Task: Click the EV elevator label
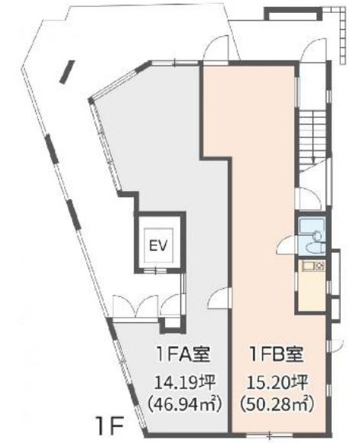(157, 245)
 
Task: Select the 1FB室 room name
(275, 354)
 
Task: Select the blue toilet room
(312, 237)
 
